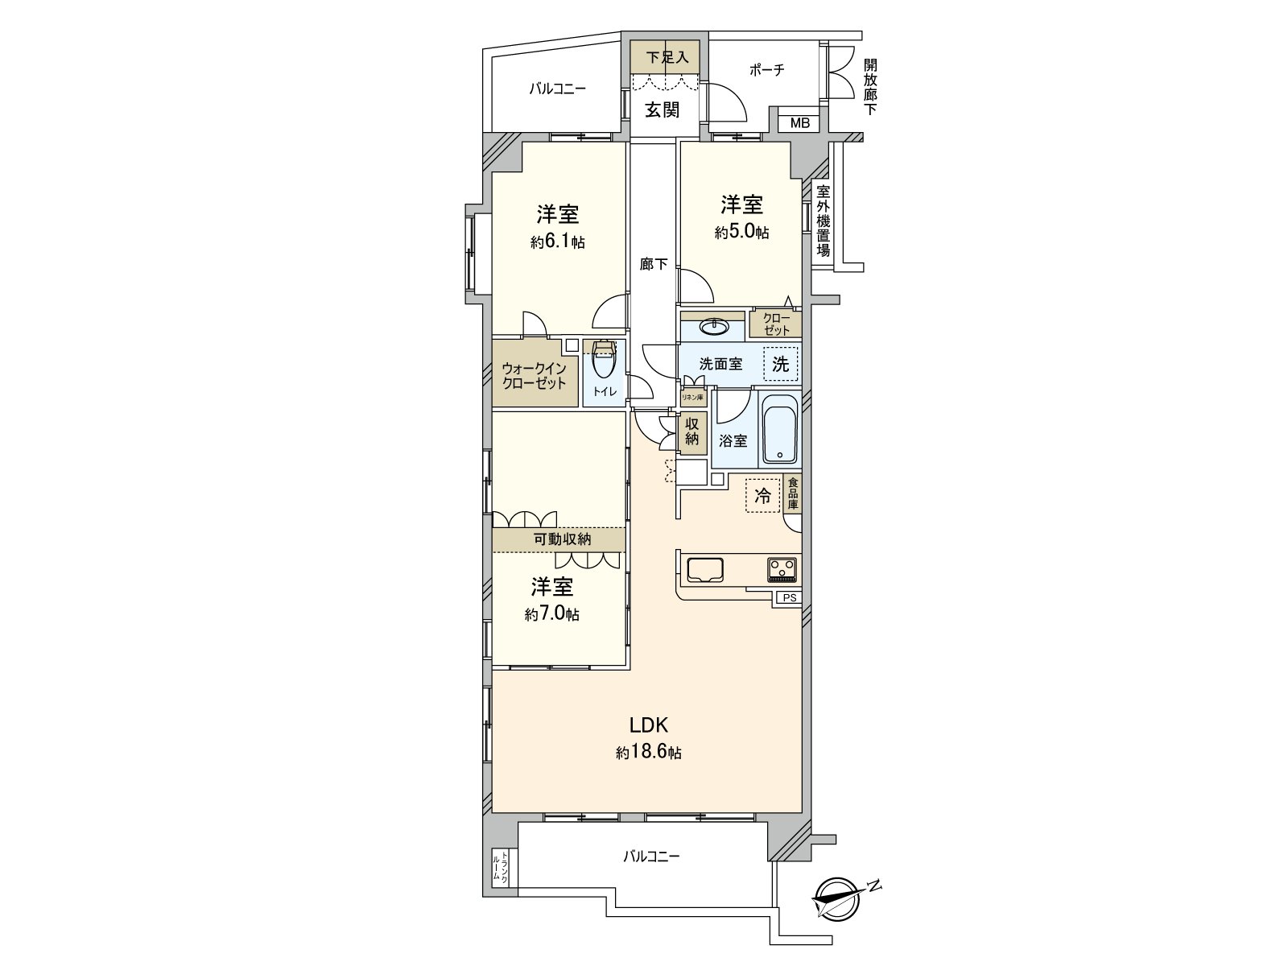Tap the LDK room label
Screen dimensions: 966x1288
(649, 723)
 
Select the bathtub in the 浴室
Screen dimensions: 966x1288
(779, 431)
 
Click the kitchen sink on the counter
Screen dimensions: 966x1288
(706, 570)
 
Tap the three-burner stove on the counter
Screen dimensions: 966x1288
(782, 570)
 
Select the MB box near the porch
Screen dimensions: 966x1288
(799, 123)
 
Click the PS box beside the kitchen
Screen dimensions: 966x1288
(789, 598)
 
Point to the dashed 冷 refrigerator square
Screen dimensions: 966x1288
(762, 496)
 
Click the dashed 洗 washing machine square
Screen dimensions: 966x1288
(780, 363)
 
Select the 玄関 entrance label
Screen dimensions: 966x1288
(662, 109)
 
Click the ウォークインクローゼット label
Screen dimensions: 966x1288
(535, 376)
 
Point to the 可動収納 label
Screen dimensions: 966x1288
(562, 539)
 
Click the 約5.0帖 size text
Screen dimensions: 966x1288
(741, 233)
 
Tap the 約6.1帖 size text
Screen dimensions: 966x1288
(558, 242)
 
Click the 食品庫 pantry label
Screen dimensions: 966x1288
(793, 493)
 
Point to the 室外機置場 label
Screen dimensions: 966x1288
(823, 221)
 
